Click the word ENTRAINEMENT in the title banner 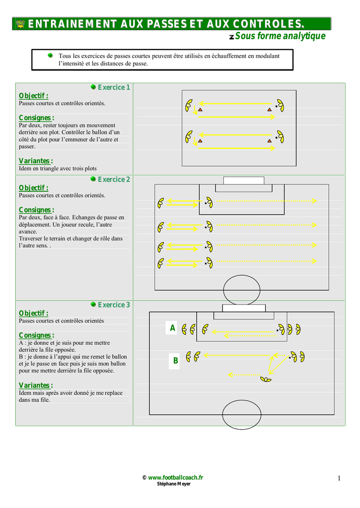(x=72, y=24)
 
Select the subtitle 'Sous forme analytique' (x=280, y=36)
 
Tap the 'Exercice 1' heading (x=114, y=87)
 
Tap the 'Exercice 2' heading (x=114, y=180)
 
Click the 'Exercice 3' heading (x=114, y=305)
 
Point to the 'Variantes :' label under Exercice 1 (x=36, y=161)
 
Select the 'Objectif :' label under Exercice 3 (x=33, y=313)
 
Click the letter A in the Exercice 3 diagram (x=172, y=328)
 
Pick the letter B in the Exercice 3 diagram (x=175, y=361)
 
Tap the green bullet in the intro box (x=50, y=56)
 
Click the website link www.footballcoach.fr (x=176, y=477)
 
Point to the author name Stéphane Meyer (x=173, y=484)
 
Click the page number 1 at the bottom (x=339, y=478)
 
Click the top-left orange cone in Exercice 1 (x=200, y=109)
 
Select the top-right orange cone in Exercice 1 (x=269, y=109)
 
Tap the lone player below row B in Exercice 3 (x=266, y=380)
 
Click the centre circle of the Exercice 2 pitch (x=241, y=290)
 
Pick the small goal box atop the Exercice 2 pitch (x=243, y=180)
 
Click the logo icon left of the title (x=20, y=23)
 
